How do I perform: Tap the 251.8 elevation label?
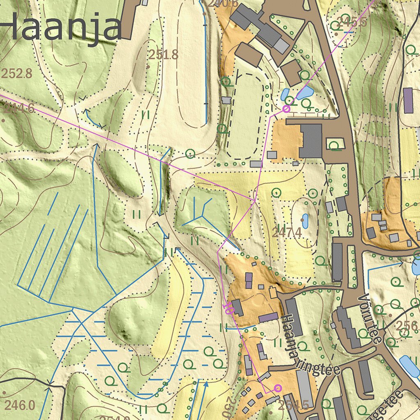coord(163,55)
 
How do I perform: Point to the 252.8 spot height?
coord(16,73)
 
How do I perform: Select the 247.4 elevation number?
coord(287,233)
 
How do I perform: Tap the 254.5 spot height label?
coord(293,405)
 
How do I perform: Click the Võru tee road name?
coord(370,318)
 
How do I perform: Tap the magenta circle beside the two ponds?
coord(286,109)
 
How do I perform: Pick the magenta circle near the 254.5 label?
coord(278,388)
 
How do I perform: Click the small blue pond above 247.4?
coord(305,221)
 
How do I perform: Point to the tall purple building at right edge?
coord(408,100)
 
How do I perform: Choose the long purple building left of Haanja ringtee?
coord(269,317)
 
